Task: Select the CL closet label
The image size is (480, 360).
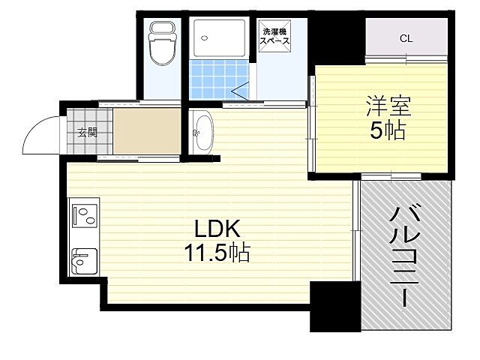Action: (405, 38)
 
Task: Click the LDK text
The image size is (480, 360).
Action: (217, 228)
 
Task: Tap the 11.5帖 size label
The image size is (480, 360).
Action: (217, 252)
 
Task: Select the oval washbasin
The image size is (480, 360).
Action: (201, 133)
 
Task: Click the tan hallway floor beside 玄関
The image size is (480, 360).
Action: (147, 133)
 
